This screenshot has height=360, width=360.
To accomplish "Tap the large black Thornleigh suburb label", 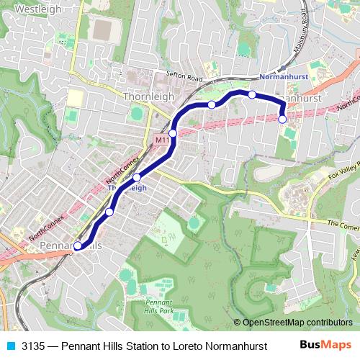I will click(x=148, y=96).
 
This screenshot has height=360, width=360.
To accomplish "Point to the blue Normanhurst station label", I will click(x=283, y=76).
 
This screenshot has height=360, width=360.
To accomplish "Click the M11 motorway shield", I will click(x=161, y=140).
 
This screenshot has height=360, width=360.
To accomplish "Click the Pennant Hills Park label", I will click(x=159, y=306).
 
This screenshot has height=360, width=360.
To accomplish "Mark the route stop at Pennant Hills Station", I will click(x=78, y=246).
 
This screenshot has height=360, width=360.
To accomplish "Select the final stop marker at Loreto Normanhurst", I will click(x=282, y=119).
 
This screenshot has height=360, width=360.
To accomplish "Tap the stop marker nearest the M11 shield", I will click(x=173, y=133).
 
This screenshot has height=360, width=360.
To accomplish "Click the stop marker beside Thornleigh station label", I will click(x=136, y=176).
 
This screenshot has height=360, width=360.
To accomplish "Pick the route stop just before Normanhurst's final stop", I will click(x=252, y=94).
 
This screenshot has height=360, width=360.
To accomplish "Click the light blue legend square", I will click(x=10, y=346).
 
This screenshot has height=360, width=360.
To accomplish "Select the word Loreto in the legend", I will click(x=189, y=346).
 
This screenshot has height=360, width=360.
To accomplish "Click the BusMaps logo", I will click(x=326, y=345).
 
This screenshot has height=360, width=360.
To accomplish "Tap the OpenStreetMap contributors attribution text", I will click(x=297, y=323).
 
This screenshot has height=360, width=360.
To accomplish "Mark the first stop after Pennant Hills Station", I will click(x=109, y=212).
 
